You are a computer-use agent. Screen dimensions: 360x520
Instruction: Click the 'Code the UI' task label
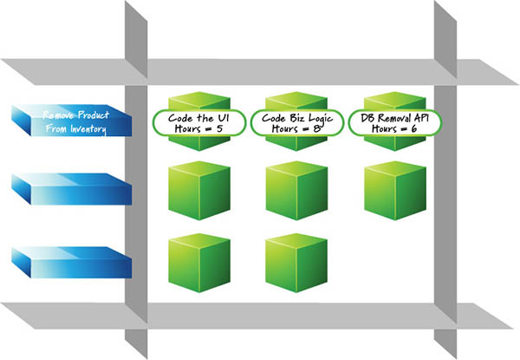tap(198, 115)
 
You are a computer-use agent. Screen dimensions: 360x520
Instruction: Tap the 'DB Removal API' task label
tap(395, 115)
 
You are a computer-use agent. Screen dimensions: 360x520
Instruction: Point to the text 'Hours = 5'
tap(198, 128)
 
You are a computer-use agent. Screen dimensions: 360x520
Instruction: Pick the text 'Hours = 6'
tap(395, 128)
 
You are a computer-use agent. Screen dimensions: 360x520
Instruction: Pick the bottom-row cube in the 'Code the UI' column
tap(198, 263)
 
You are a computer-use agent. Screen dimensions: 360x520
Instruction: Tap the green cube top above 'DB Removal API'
tap(395, 98)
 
